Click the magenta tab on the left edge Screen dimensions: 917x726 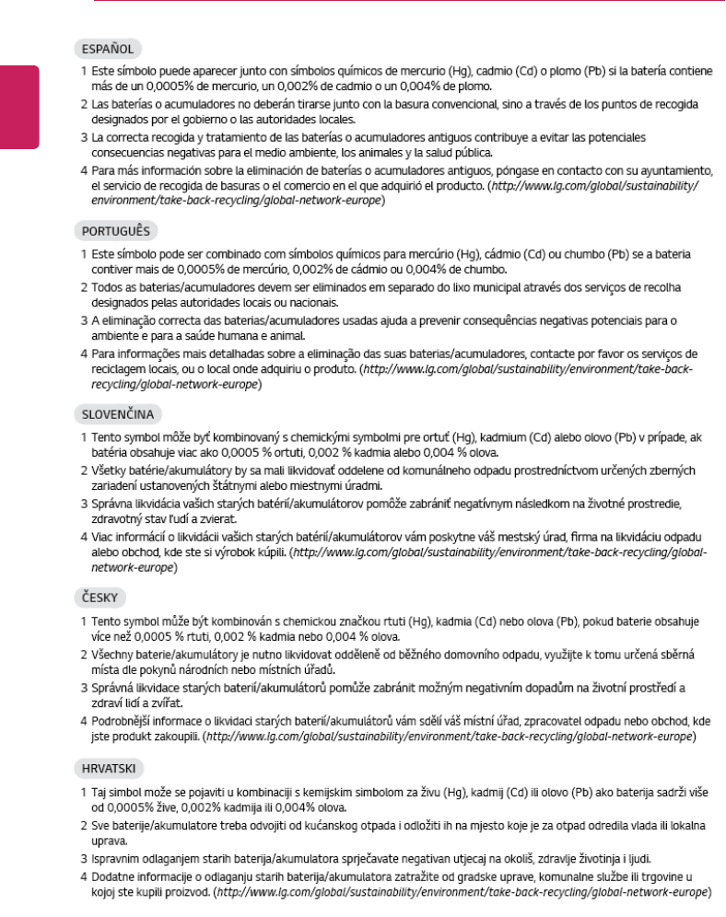click(19, 106)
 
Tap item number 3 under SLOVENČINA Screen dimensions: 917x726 click(84, 505)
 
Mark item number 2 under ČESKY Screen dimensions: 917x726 click(84, 654)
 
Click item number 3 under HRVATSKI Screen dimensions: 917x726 click(84, 859)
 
